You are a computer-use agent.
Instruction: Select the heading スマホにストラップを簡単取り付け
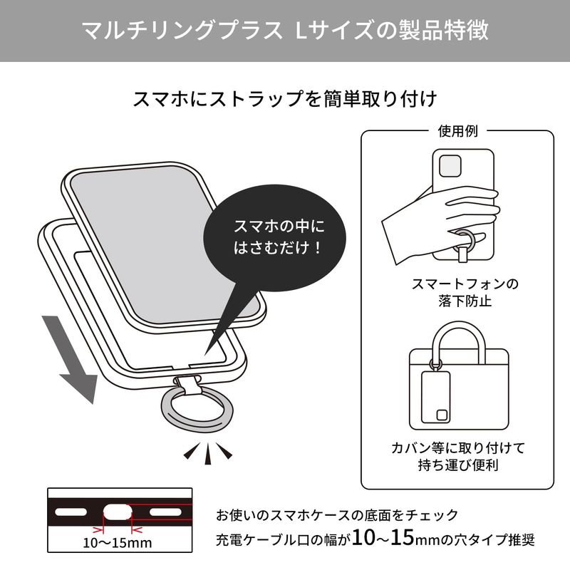[x=285, y=99]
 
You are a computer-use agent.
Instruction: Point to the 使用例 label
[x=457, y=131]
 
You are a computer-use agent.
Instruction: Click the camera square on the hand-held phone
[x=450, y=167]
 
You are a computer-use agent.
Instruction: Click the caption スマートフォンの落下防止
[x=465, y=292]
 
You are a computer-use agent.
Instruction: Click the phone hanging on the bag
[x=435, y=397]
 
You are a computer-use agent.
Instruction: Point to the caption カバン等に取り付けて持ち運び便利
[x=458, y=456]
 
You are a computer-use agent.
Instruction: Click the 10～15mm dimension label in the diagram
[x=118, y=543]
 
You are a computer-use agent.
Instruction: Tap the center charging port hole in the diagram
[x=118, y=512]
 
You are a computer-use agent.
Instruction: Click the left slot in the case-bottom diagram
[x=71, y=512]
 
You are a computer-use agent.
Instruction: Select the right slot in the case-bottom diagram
[x=165, y=512]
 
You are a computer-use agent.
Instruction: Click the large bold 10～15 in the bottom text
[x=383, y=537]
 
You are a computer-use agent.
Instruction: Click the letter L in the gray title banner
[x=302, y=30]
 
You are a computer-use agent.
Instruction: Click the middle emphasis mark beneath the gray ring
[x=208, y=453]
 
